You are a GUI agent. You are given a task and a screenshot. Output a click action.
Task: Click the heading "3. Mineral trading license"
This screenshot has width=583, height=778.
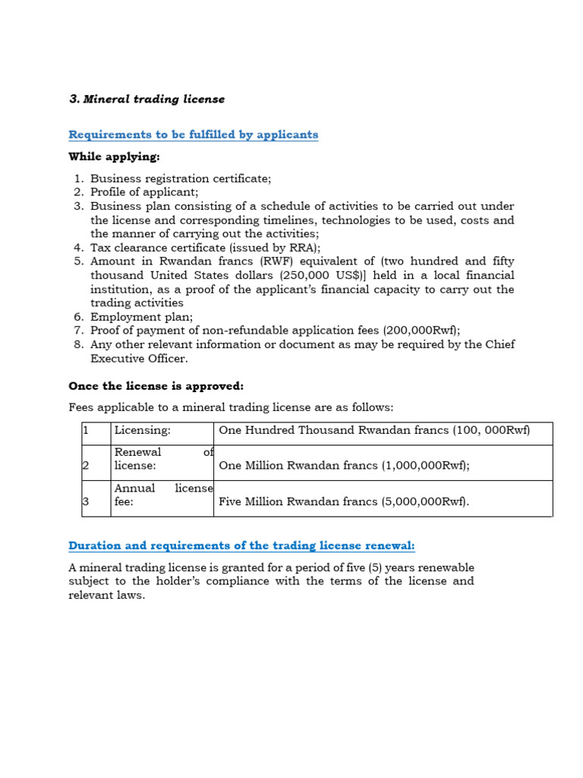[x=147, y=100]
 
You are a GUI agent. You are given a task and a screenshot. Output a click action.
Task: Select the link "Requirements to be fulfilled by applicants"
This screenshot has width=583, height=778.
[x=193, y=134]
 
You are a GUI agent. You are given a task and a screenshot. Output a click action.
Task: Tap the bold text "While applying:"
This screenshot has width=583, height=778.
[x=114, y=157]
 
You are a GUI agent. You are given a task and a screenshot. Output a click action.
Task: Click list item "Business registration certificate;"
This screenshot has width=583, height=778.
[x=180, y=179]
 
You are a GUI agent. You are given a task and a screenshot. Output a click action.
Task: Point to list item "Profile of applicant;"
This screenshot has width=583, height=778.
[x=144, y=192]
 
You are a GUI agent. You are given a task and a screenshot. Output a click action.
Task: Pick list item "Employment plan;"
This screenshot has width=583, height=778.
[x=141, y=317]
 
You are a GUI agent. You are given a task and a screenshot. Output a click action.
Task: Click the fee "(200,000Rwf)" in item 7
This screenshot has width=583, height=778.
[x=421, y=330]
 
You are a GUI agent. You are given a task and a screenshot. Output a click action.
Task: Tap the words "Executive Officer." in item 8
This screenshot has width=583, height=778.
[x=139, y=359]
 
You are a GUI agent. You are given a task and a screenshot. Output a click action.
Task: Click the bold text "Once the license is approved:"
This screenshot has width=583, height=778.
[x=156, y=386]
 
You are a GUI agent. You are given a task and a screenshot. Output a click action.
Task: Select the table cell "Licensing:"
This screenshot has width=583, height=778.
[x=142, y=431]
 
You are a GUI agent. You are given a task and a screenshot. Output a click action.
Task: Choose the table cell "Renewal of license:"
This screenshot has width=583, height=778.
[x=162, y=460]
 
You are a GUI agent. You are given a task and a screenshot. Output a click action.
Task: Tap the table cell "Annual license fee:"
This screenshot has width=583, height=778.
[x=162, y=495]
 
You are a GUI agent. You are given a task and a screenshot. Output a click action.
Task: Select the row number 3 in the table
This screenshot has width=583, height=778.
[x=86, y=501]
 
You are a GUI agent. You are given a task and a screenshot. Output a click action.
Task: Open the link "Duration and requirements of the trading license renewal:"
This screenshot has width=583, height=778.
[x=241, y=546]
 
